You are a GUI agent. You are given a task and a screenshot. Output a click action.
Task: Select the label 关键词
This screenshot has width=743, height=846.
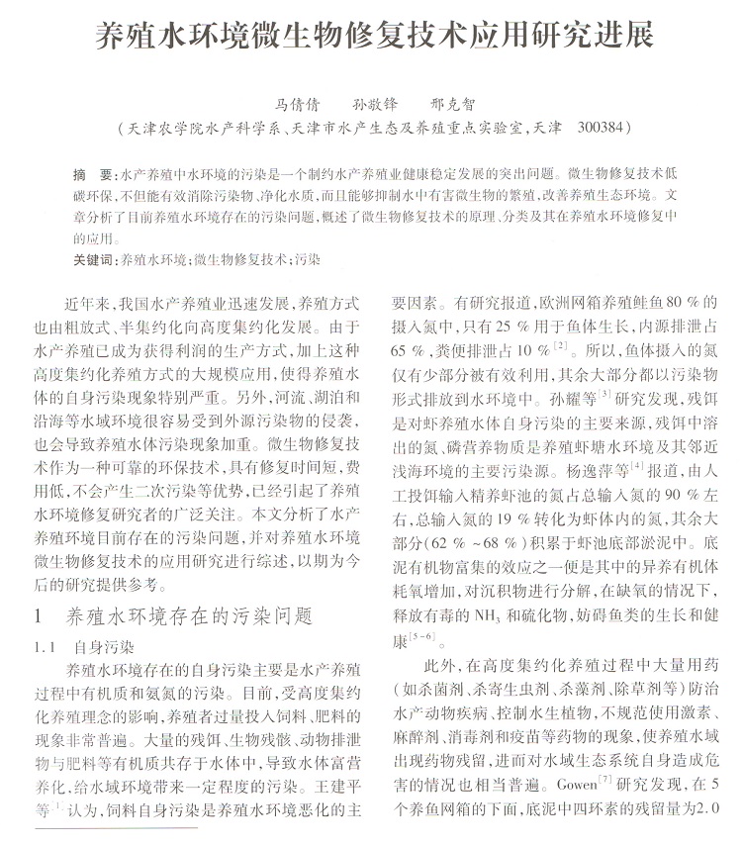[x=95, y=260]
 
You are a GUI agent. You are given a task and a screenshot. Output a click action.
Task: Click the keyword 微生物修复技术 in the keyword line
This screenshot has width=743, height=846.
[x=240, y=260]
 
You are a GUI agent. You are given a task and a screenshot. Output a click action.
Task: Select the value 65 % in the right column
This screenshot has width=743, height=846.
[x=410, y=349]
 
